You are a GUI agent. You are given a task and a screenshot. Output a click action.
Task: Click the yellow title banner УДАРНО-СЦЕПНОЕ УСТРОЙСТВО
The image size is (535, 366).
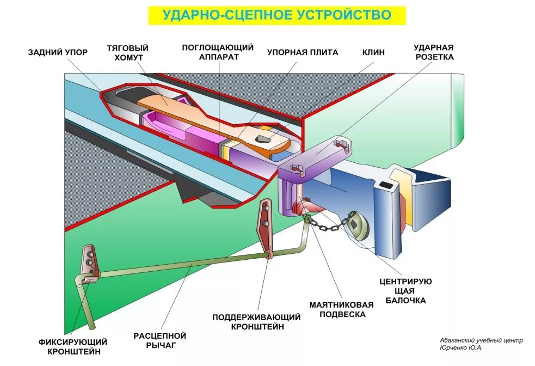276,15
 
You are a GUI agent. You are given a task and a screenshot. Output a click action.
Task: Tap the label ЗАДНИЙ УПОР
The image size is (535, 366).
58,52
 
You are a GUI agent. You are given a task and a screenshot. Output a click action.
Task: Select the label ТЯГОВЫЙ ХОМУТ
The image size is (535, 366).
128,53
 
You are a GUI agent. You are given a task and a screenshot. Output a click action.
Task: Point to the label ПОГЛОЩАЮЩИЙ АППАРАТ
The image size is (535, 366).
218,52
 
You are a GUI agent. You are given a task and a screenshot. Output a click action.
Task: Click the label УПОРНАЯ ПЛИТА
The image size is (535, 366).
303,52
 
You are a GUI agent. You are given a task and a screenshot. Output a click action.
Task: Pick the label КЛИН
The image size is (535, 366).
373,52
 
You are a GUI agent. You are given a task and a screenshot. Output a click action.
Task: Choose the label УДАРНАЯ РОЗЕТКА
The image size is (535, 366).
433,52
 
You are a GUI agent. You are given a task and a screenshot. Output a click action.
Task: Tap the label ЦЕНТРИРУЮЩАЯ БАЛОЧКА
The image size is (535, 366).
405,291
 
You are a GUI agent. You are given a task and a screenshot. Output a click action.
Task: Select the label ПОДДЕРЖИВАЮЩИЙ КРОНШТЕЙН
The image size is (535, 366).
257,321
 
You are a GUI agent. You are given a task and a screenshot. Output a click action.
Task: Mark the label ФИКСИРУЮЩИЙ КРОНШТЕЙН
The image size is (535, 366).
73,346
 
